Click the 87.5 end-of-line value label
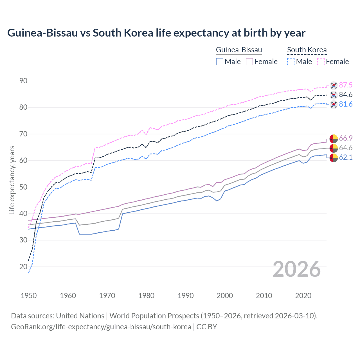click(x=346, y=85)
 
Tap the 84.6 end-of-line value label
click(x=346, y=95)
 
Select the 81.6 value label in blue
click(x=346, y=104)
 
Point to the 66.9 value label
click(x=346, y=138)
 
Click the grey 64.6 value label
click(x=346, y=148)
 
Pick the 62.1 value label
click(x=346, y=157)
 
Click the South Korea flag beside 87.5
click(x=334, y=85)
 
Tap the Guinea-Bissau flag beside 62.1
click(x=334, y=158)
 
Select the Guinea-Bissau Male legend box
click(x=220, y=62)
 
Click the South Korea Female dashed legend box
click(x=321, y=62)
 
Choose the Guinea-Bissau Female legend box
click(x=249, y=62)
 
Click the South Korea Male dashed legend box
click(x=291, y=62)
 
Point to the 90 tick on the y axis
click(x=23, y=81)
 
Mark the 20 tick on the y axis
click(x=23, y=267)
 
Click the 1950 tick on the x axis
click(x=29, y=296)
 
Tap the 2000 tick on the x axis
click(x=225, y=296)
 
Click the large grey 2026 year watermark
click(x=297, y=269)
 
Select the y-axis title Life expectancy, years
click(x=12, y=180)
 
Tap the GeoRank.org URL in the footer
click(x=101, y=327)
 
